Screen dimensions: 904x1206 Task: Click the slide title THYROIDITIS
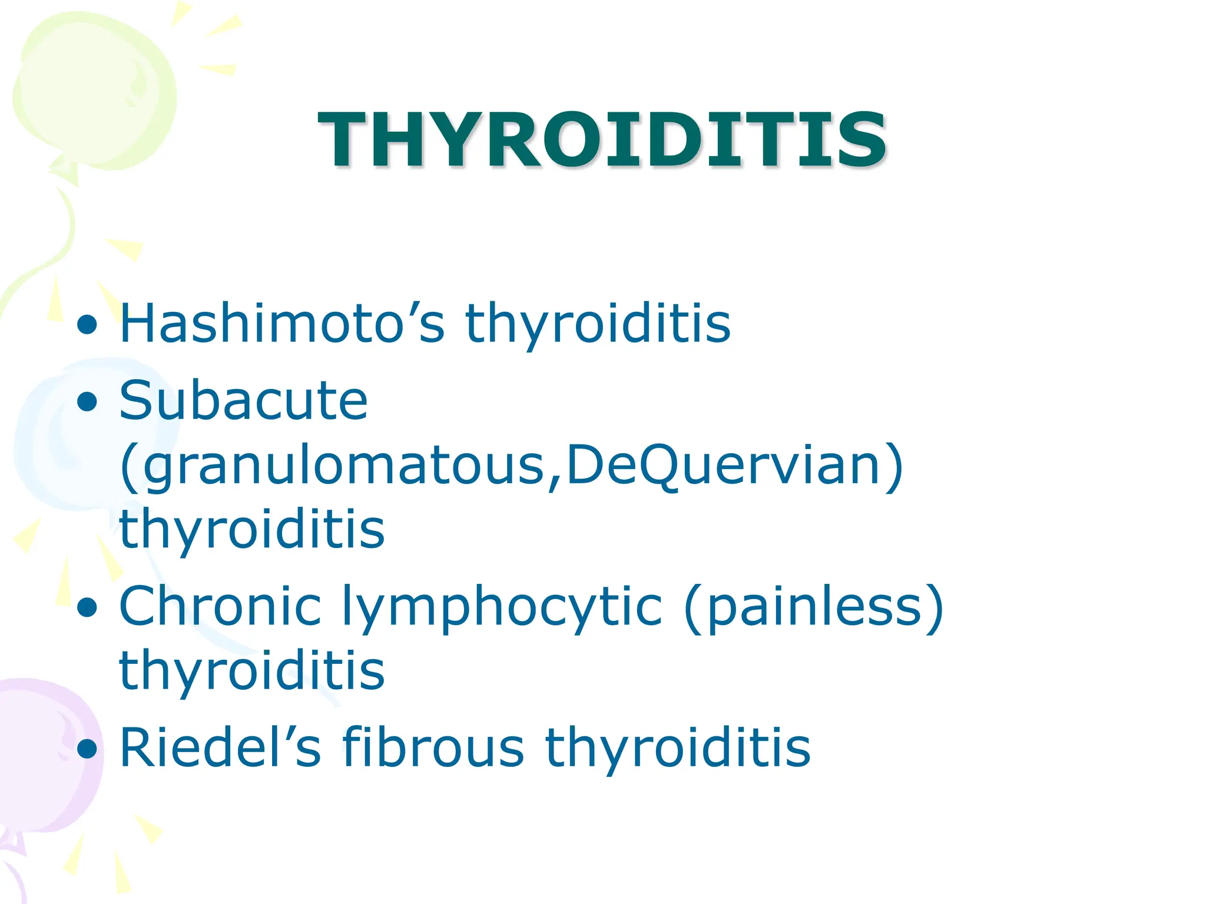[602, 140]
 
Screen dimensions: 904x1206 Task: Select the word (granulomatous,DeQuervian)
[511, 465]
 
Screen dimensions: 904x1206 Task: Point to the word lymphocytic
[502, 606]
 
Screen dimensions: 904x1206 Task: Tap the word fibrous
[433, 747]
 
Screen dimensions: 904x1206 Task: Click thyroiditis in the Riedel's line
[677, 747]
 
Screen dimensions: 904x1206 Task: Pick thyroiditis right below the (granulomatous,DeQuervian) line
[252, 529]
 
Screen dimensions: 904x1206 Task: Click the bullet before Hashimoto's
[87, 324]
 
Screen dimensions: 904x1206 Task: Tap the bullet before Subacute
[87, 402]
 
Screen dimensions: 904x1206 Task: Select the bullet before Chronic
[87, 607]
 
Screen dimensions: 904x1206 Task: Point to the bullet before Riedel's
[87, 749]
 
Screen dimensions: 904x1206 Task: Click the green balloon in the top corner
[94, 88]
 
